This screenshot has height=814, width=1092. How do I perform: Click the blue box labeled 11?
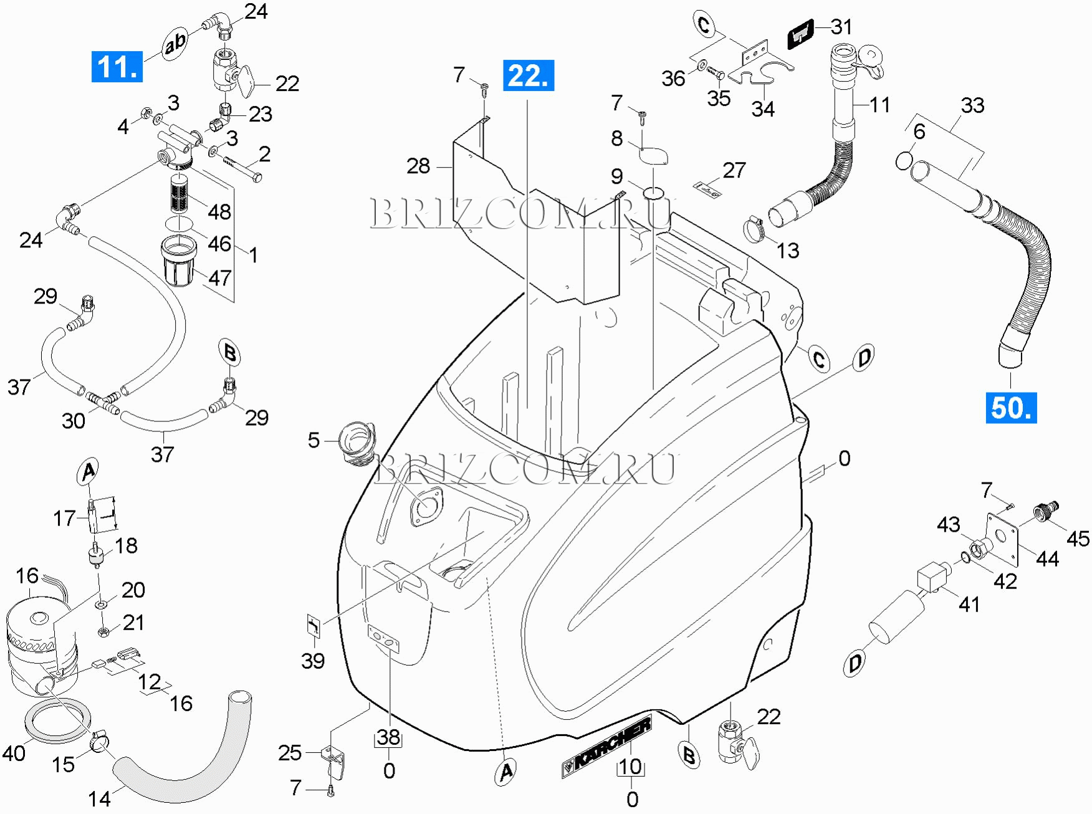tap(117, 67)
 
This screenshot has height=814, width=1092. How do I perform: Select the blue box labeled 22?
tap(528, 76)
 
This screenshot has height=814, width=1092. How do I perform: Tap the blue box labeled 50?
tap(1010, 408)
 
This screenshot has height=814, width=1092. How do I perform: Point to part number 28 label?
tap(418, 166)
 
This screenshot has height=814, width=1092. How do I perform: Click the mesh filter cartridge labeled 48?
tap(180, 194)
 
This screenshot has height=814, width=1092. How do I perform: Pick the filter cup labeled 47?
tap(179, 261)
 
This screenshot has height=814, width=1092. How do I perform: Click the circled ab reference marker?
tap(176, 44)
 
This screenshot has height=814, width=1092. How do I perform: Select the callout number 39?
tap(313, 660)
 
